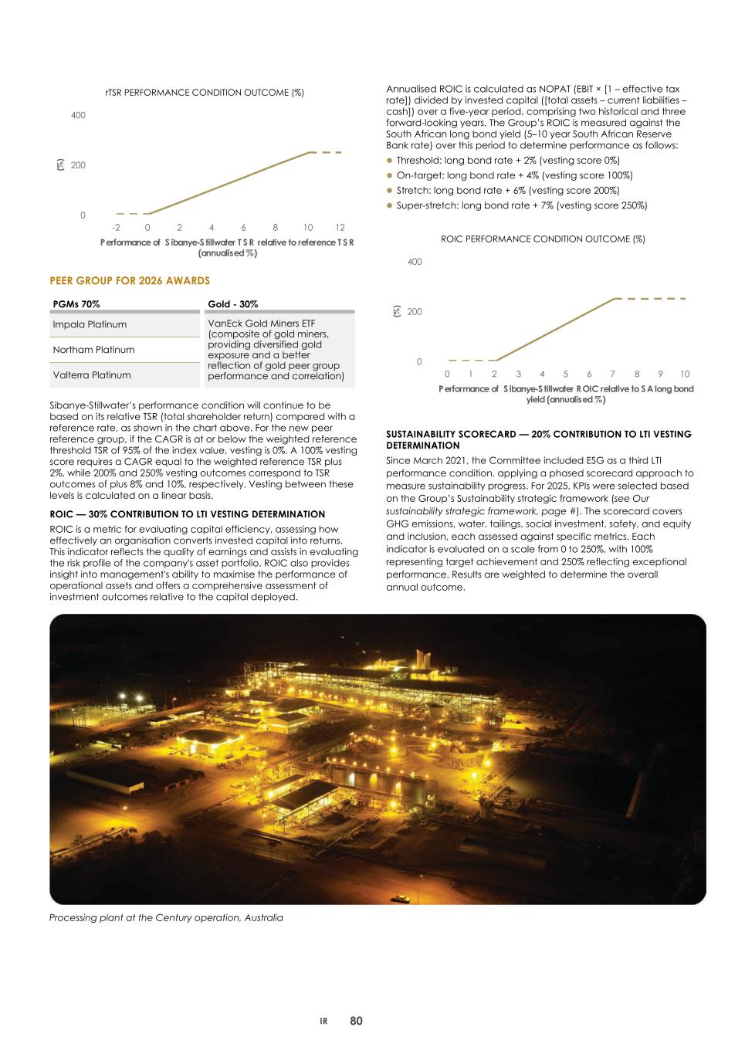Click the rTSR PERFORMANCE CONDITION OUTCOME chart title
tap(205, 93)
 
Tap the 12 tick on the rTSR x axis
tap(340, 228)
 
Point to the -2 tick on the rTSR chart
tap(116, 228)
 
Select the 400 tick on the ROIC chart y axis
tap(415, 263)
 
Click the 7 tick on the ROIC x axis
tap(613, 374)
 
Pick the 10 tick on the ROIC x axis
tap(685, 374)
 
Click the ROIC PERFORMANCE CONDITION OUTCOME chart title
tap(543, 239)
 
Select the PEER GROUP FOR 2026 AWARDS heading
tap(130, 280)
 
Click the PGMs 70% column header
tap(76, 304)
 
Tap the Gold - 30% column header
tap(233, 304)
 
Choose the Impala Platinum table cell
tap(90, 324)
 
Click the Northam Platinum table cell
tap(93, 350)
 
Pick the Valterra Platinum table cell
tap(92, 375)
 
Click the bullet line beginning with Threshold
tap(507, 161)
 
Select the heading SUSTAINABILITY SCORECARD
tap(538, 435)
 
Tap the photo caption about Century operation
tap(166, 918)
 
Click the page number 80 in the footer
tap(356, 1021)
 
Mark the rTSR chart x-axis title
tap(227, 247)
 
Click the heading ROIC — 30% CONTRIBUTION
tap(187, 514)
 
